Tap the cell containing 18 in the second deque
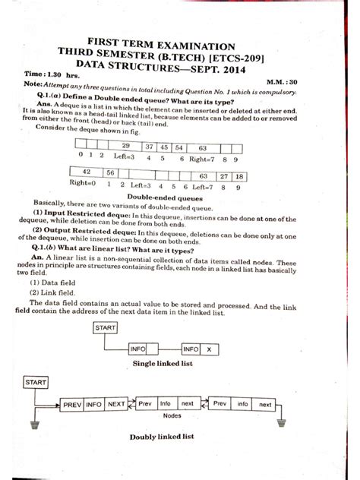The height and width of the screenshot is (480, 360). click(239, 177)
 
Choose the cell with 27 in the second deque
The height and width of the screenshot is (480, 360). click(224, 177)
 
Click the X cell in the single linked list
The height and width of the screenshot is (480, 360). click(210, 349)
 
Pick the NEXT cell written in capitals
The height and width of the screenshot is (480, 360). click(116, 405)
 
